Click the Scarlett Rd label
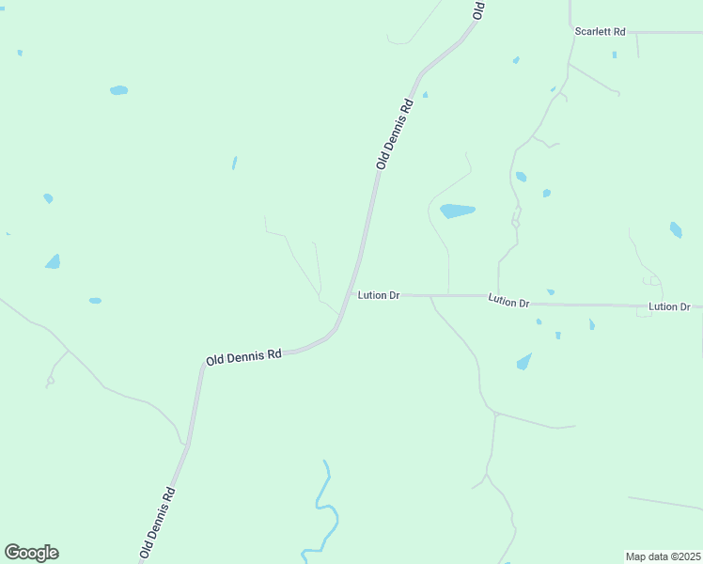[601, 32]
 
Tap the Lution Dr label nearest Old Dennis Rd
[379, 295]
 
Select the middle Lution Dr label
[508, 301]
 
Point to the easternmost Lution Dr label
[669, 307]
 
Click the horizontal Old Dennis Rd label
[243, 357]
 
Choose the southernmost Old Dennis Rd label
[158, 522]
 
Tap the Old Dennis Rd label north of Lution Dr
[395, 133]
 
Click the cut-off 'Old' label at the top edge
[478, 9]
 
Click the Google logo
[31, 553]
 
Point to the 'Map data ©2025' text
[663, 556]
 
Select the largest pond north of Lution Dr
[457, 211]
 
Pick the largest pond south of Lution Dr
[523, 361]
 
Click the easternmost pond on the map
[676, 229]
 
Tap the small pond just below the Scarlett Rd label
[615, 55]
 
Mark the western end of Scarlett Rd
[571, 31]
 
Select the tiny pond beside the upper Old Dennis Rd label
[425, 94]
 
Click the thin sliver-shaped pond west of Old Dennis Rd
[234, 163]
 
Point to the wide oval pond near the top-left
[118, 90]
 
